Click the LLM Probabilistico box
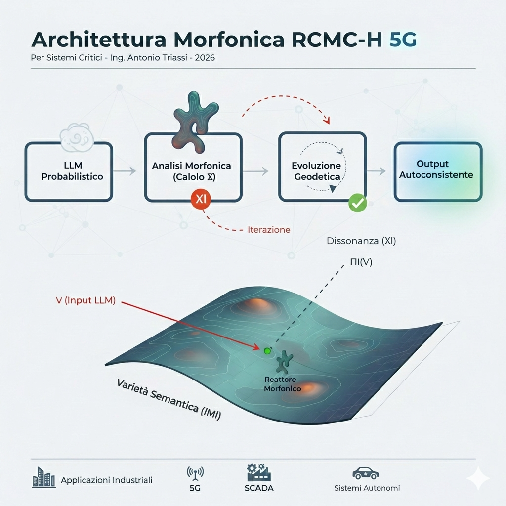[x=69, y=171]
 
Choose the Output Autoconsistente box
[x=437, y=171]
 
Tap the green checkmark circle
[x=357, y=203]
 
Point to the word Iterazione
[x=269, y=230]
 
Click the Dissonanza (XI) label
[x=361, y=242]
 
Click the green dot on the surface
[x=267, y=351]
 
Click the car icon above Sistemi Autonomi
[x=366, y=473]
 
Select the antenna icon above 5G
[x=195, y=473]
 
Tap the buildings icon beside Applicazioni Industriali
[x=43, y=477]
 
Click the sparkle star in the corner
[x=478, y=478]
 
